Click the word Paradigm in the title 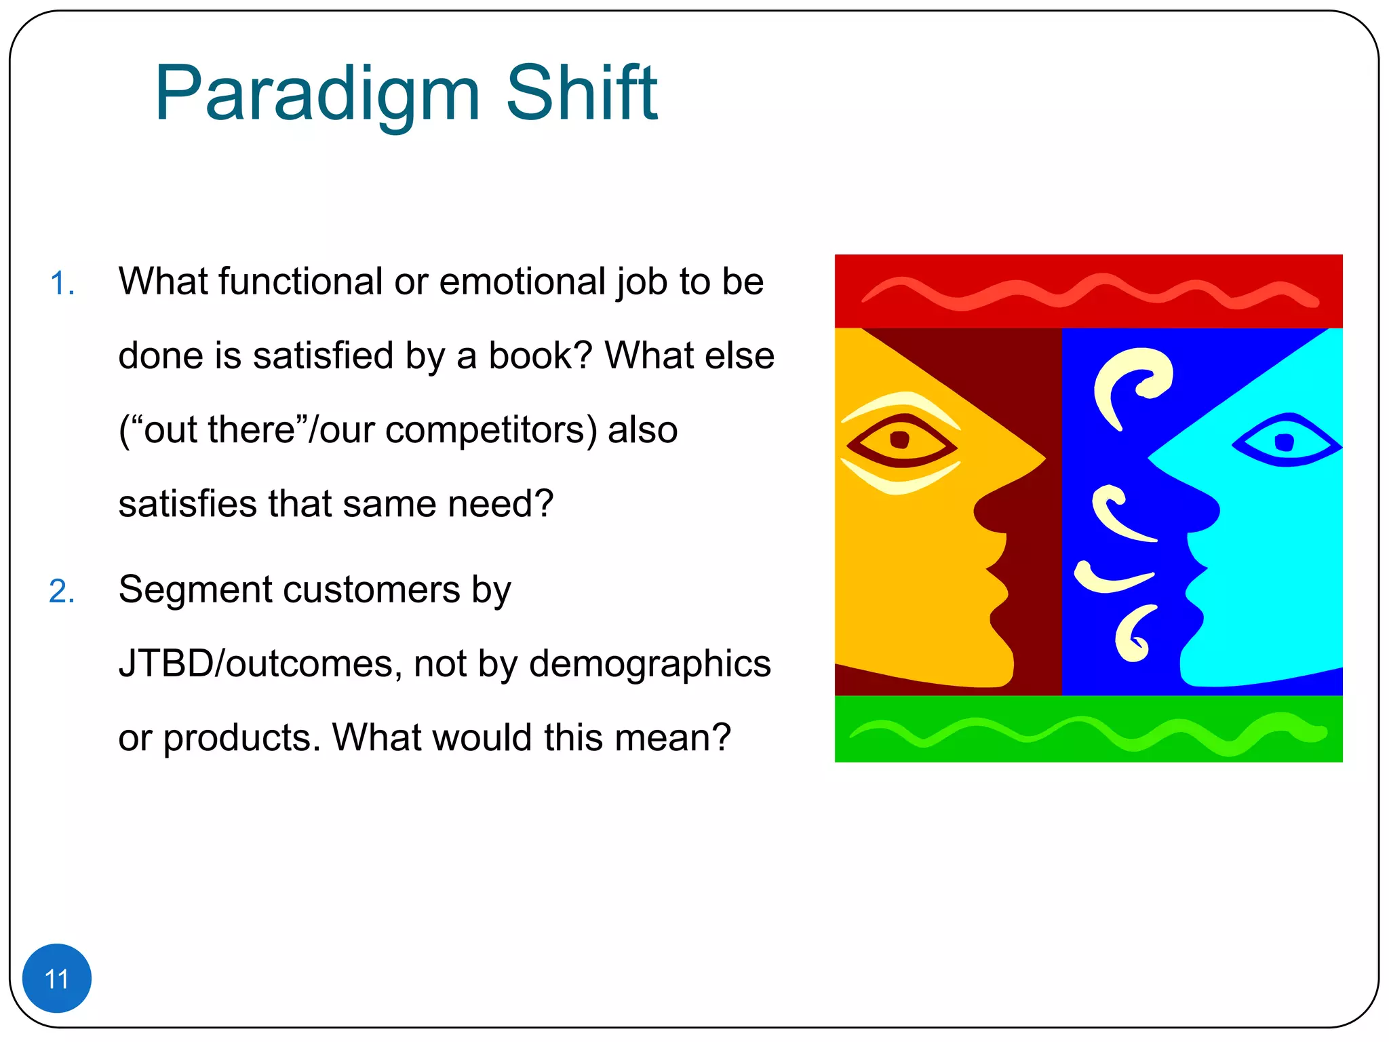pyautogui.click(x=317, y=94)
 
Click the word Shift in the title pyautogui.click(x=581, y=92)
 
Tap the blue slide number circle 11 pyautogui.click(x=57, y=978)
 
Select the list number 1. pyautogui.click(x=62, y=284)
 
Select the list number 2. pyautogui.click(x=62, y=592)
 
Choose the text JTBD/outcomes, pyautogui.click(x=260, y=663)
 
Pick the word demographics pyautogui.click(x=650, y=663)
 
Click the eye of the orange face pyautogui.click(x=900, y=441)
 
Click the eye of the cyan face pyautogui.click(x=1284, y=442)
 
